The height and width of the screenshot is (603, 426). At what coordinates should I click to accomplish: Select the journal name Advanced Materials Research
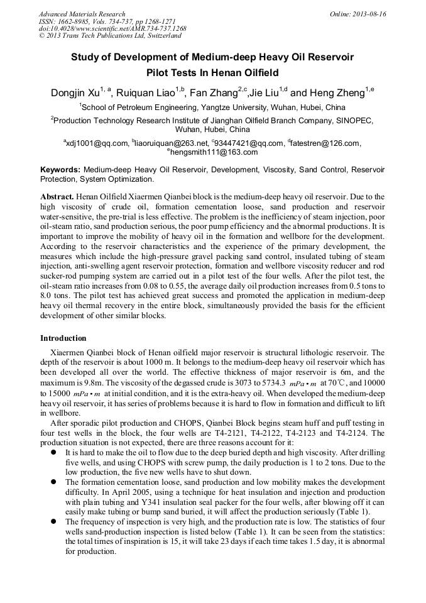[x=82, y=14]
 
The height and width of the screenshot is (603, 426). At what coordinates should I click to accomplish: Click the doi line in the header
[x=112, y=29]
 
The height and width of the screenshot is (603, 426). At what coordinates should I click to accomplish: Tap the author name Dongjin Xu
[x=77, y=94]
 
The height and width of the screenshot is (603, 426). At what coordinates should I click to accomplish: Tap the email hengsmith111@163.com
[x=214, y=152]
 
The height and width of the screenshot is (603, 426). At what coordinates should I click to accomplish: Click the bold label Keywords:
[x=60, y=170]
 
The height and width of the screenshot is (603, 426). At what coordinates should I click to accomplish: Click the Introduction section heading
[x=63, y=338]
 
